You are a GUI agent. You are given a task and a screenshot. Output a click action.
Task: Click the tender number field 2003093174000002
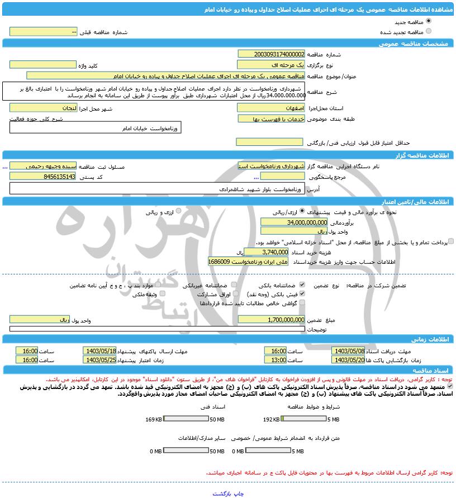(272, 54)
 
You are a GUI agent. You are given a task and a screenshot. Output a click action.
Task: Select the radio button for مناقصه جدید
(429, 21)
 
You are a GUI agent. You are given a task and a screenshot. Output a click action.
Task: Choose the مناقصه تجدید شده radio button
(429, 31)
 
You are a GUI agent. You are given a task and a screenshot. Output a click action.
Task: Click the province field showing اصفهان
(272, 107)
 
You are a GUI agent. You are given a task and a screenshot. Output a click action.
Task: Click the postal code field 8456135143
(44, 176)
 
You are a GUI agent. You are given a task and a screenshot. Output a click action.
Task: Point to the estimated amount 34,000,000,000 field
(283, 222)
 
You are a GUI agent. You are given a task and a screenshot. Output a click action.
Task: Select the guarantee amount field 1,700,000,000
(272, 320)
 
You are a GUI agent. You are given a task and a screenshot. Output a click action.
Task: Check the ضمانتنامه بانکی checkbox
(302, 285)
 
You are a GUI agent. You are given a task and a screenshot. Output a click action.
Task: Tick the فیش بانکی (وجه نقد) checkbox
(302, 293)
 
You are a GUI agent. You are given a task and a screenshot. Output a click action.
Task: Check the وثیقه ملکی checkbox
(163, 293)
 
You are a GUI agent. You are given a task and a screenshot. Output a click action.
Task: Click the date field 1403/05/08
(348, 350)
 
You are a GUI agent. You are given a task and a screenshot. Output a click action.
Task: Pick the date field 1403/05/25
(99, 359)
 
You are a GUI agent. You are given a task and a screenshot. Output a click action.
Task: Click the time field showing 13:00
(275, 359)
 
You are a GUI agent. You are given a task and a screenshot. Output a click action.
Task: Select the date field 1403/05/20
(348, 359)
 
